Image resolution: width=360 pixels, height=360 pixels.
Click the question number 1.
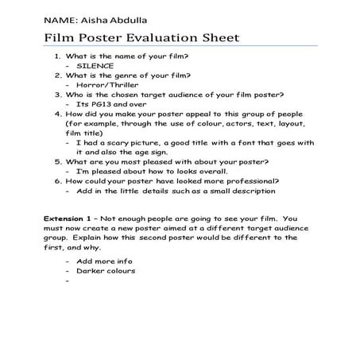click(57, 58)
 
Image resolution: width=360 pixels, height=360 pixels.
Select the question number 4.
click(57, 113)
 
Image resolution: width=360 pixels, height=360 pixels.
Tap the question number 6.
click(57, 181)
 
